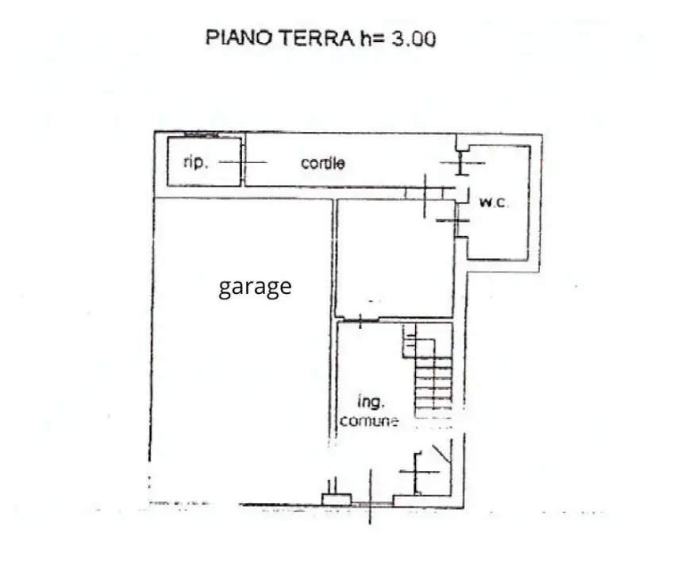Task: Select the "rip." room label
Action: point(195,162)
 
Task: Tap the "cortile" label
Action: point(323,163)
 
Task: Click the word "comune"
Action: point(369,421)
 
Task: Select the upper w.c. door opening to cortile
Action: point(461,163)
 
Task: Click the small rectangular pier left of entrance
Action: point(336,498)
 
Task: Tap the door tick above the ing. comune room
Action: point(360,321)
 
